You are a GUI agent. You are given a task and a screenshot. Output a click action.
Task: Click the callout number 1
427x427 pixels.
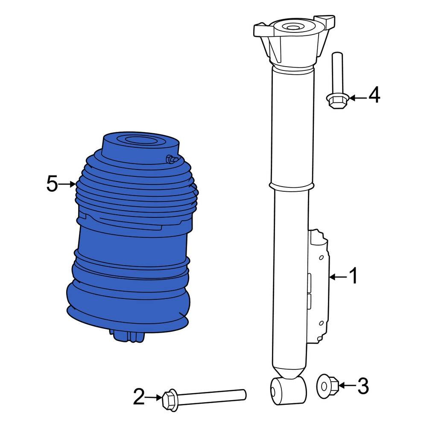(354, 277)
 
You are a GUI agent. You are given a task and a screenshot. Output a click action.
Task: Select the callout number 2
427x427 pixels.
(139, 397)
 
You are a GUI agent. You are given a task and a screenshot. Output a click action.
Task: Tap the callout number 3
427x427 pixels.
(363, 386)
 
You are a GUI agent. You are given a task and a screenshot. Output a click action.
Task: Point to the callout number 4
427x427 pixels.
(374, 96)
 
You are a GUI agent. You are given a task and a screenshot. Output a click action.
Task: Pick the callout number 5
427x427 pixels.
(52, 184)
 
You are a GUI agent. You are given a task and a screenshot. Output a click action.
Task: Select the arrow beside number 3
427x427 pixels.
(347, 386)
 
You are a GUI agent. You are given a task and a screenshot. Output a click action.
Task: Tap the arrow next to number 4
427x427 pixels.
(358, 98)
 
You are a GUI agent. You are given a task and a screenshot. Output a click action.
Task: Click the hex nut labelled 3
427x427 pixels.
(328, 386)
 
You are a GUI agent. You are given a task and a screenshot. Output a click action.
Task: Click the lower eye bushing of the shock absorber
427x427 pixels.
(289, 389)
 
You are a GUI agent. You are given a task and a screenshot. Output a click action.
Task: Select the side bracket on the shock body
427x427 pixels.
(318, 286)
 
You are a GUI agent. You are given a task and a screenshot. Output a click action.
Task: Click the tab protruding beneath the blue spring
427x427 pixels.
(128, 336)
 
